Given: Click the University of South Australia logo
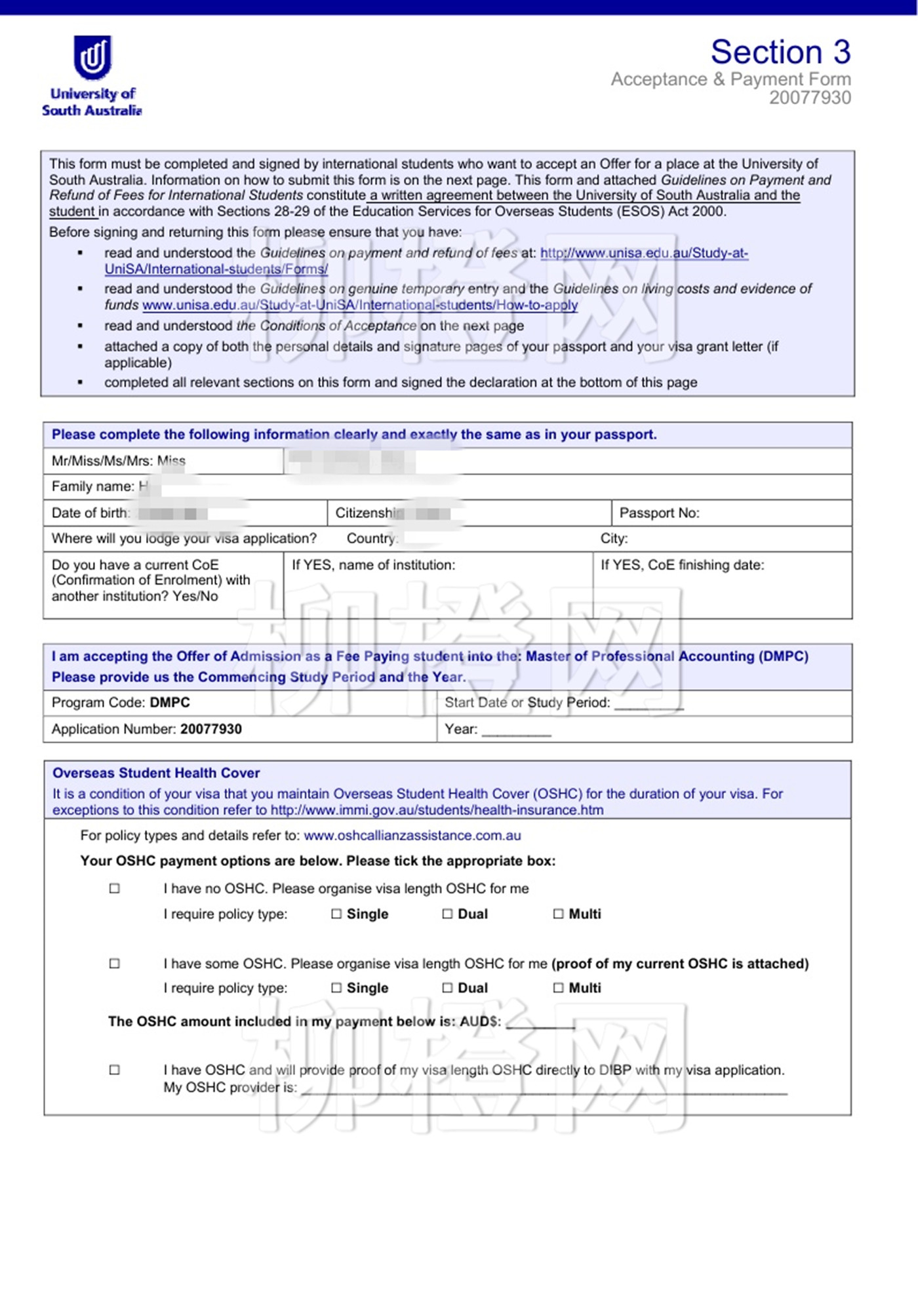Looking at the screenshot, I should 92,75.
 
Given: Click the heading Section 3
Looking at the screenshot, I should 780,52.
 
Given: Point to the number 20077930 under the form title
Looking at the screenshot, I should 810,98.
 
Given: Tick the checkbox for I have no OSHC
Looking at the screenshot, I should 115,888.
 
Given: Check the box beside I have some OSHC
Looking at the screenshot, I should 115,963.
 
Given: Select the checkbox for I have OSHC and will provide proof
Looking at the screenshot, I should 115,1069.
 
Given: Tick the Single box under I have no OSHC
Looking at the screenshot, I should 336,914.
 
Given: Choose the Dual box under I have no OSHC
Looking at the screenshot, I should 447,914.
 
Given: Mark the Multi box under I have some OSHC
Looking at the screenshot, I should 558,988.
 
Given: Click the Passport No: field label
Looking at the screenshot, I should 659,513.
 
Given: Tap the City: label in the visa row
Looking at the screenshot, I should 614,539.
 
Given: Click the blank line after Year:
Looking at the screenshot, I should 516,732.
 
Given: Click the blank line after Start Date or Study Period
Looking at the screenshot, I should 649,706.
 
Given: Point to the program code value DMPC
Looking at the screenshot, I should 170,703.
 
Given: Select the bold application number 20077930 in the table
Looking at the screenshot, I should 210,729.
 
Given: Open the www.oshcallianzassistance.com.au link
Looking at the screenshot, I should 412,836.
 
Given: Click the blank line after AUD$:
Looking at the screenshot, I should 540,1024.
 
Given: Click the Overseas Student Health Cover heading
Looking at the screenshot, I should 156,773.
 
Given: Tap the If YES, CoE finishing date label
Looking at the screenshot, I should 682,565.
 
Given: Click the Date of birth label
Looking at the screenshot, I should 90,513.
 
